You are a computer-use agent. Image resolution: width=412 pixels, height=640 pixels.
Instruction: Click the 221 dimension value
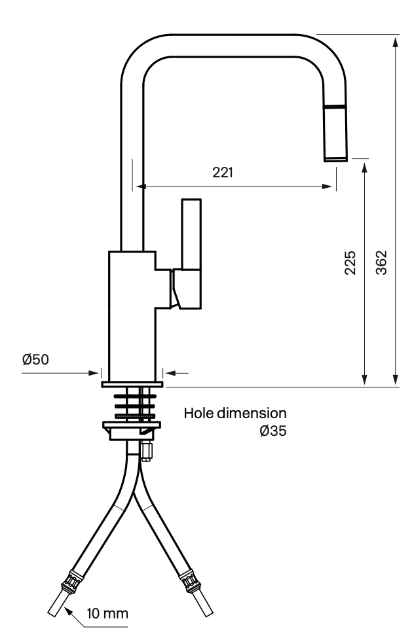pyautogui.click(x=222, y=173)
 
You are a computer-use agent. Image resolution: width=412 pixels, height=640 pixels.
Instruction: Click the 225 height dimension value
pyautogui.click(x=350, y=263)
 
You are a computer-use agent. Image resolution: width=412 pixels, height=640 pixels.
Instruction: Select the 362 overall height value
pyautogui.click(x=381, y=262)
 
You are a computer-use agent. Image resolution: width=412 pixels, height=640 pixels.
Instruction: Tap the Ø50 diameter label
pyautogui.click(x=35, y=360)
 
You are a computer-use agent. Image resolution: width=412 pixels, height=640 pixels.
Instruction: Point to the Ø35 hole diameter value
pyautogui.click(x=273, y=431)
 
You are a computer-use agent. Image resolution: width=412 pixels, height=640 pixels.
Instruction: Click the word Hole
pyautogui.click(x=198, y=413)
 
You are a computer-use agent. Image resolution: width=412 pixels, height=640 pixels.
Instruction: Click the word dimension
pyautogui.click(x=252, y=413)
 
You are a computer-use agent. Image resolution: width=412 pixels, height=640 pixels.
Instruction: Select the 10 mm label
pyautogui.click(x=107, y=613)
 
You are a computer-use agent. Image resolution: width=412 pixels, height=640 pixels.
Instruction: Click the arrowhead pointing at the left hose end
pyautogui.click(x=68, y=612)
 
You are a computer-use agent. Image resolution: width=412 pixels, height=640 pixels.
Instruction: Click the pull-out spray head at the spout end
pyautogui.click(x=335, y=133)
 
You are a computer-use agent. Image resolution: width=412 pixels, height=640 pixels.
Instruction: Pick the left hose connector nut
pyautogui.click(x=73, y=581)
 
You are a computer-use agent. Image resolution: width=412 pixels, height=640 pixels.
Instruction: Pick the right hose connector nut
pyautogui.click(x=190, y=580)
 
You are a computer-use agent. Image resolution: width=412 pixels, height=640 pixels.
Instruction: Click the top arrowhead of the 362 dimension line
pyautogui.click(x=395, y=42)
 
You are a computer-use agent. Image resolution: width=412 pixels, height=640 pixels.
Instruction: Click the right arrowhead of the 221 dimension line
pyautogui.click(x=327, y=187)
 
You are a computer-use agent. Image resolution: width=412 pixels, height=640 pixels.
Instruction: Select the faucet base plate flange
pyautogui.click(x=132, y=384)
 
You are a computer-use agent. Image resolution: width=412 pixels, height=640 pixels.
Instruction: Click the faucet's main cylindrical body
pyautogui.click(x=132, y=316)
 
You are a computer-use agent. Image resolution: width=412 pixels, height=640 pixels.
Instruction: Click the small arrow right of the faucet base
pyautogui.click(x=177, y=372)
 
